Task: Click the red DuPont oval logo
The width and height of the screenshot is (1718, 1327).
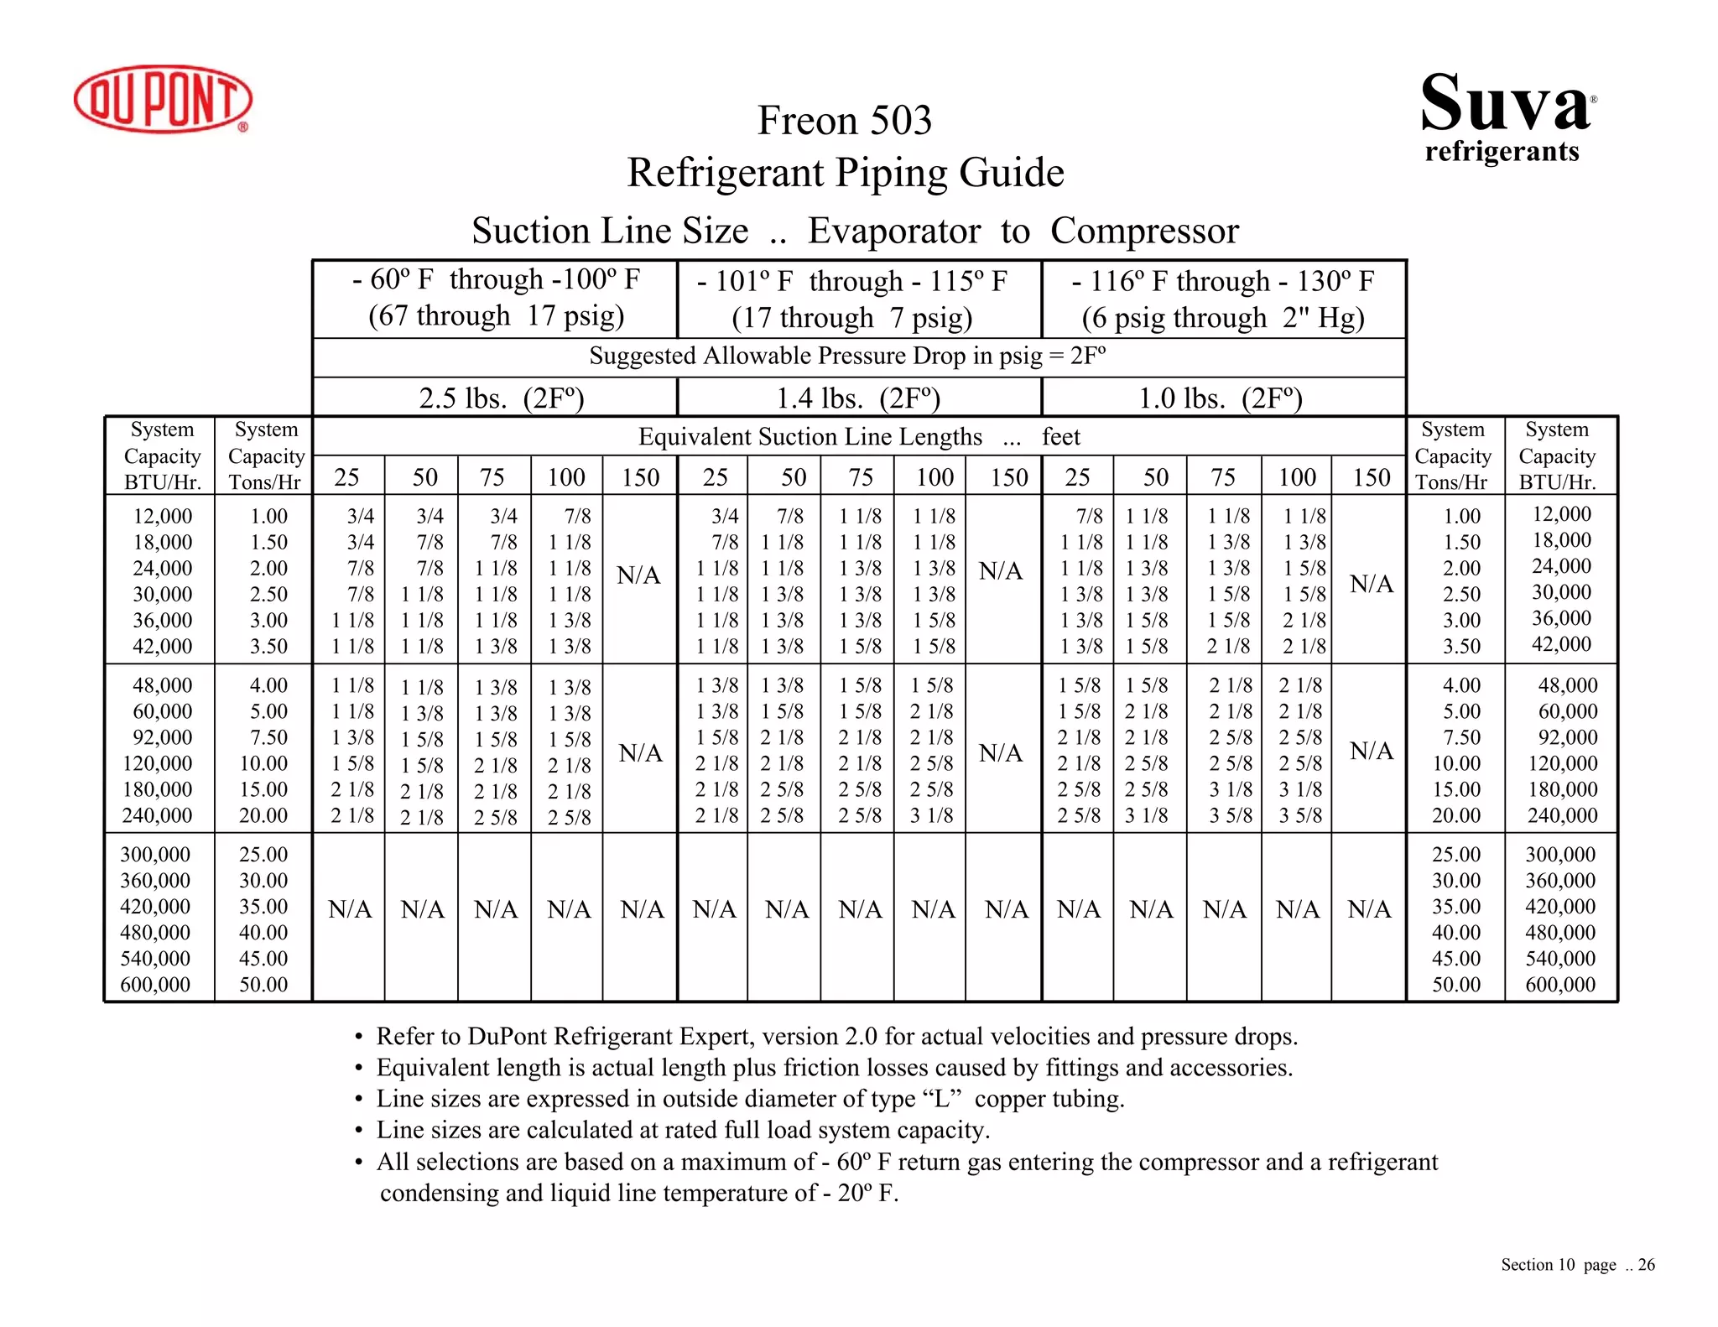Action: [x=163, y=99]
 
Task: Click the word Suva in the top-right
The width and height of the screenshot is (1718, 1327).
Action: [x=1505, y=104]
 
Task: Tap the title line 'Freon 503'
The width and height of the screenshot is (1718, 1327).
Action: [x=845, y=121]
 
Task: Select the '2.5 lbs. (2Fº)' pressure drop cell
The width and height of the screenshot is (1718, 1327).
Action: [x=501, y=398]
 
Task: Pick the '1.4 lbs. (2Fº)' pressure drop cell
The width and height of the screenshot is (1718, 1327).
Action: [x=857, y=398]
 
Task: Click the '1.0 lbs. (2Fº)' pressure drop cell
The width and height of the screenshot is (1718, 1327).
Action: [x=1220, y=398]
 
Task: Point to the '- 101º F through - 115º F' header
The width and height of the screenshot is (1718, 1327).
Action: [x=851, y=281]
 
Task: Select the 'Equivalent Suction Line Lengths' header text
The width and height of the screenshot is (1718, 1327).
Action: [x=810, y=437]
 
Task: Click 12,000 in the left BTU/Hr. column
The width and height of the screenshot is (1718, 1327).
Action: [x=163, y=516]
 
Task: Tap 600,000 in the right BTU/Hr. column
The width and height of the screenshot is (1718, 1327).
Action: [x=1559, y=984]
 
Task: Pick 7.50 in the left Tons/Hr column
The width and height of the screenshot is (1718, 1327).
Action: [x=268, y=737]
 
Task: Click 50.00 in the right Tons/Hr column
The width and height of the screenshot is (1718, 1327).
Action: [x=1456, y=984]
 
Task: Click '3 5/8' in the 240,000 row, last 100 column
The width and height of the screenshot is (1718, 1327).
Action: [x=1300, y=815]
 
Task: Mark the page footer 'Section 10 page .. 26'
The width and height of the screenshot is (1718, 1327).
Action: [x=1577, y=1265]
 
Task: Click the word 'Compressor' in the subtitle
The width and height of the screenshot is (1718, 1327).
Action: [x=1144, y=232]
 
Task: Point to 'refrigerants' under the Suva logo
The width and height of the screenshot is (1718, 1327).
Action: [x=1502, y=152]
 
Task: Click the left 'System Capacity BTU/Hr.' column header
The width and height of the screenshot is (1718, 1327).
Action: [x=162, y=455]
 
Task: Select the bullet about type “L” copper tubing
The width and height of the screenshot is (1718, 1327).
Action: [x=750, y=1099]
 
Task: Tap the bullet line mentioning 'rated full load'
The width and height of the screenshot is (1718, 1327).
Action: [x=683, y=1130]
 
